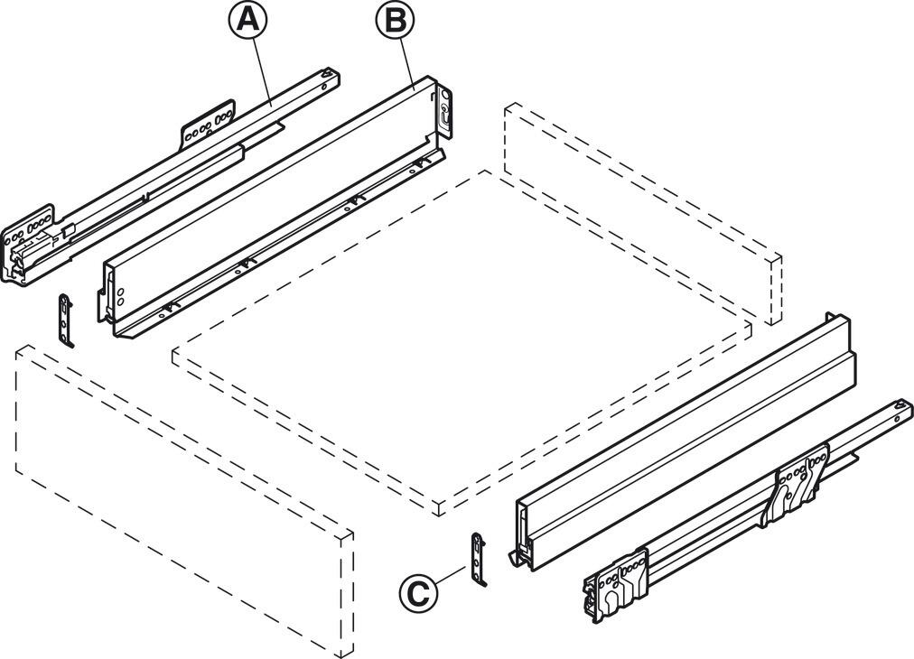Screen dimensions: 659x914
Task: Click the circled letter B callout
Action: [x=396, y=21]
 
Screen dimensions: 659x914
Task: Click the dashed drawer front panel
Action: [x=181, y=506]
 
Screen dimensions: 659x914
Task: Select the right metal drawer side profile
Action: [x=686, y=442]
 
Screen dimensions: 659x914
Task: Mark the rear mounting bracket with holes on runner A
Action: [x=210, y=122]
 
